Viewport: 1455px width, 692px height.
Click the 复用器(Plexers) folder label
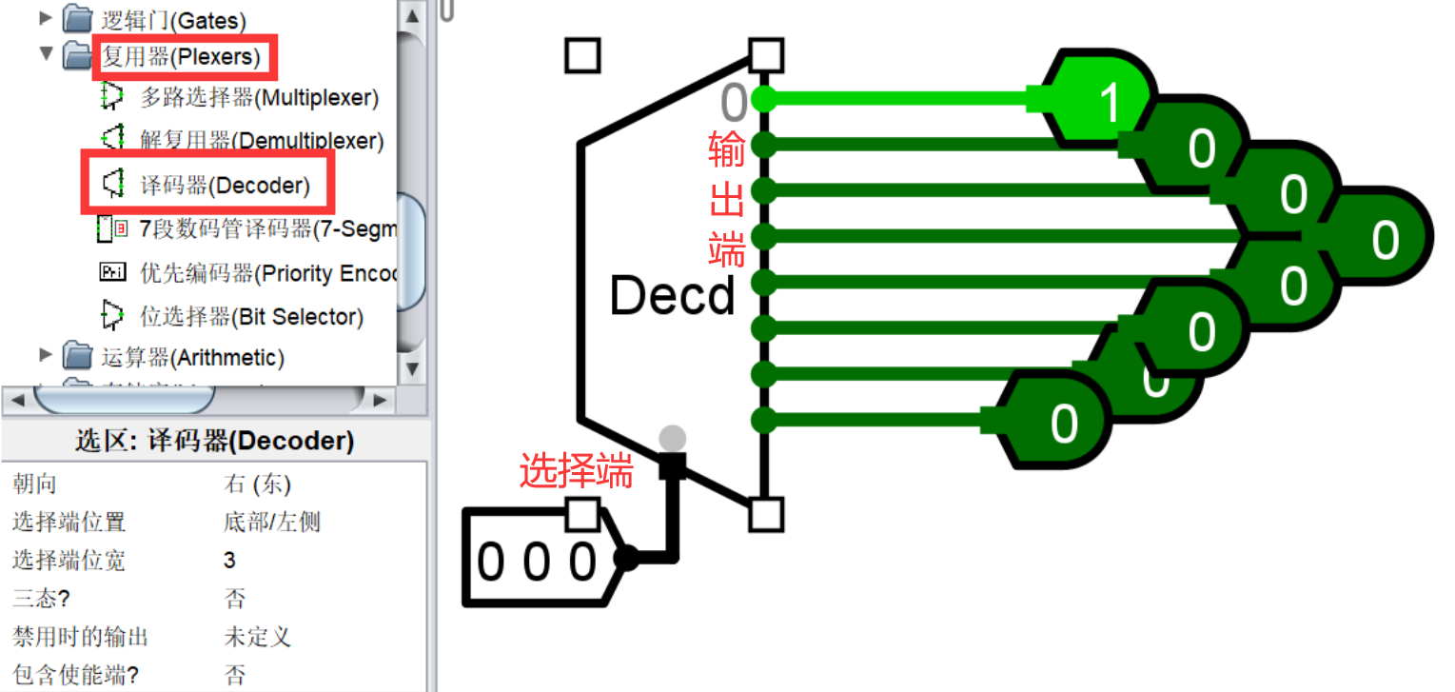(181, 57)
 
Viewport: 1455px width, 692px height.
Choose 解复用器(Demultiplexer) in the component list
(262, 142)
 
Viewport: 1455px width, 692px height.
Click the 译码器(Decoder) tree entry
(225, 186)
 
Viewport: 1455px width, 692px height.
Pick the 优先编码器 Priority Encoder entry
(266, 273)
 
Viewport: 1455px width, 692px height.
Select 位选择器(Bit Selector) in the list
(251, 317)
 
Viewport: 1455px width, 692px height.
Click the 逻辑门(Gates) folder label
(173, 19)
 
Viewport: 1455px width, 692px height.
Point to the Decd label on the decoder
(672, 296)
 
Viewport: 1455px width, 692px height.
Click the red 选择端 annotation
(576, 471)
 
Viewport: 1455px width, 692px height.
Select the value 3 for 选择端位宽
(229, 560)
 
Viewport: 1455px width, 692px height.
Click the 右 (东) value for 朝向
(257, 484)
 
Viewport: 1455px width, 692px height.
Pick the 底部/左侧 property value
(272, 522)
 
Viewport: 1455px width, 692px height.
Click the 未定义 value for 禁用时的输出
(257, 636)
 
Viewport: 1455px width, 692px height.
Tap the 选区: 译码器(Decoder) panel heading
(214, 441)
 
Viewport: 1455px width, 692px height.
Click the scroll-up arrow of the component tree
(411, 16)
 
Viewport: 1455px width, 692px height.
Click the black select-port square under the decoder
(673, 465)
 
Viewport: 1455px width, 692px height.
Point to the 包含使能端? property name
(75, 675)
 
